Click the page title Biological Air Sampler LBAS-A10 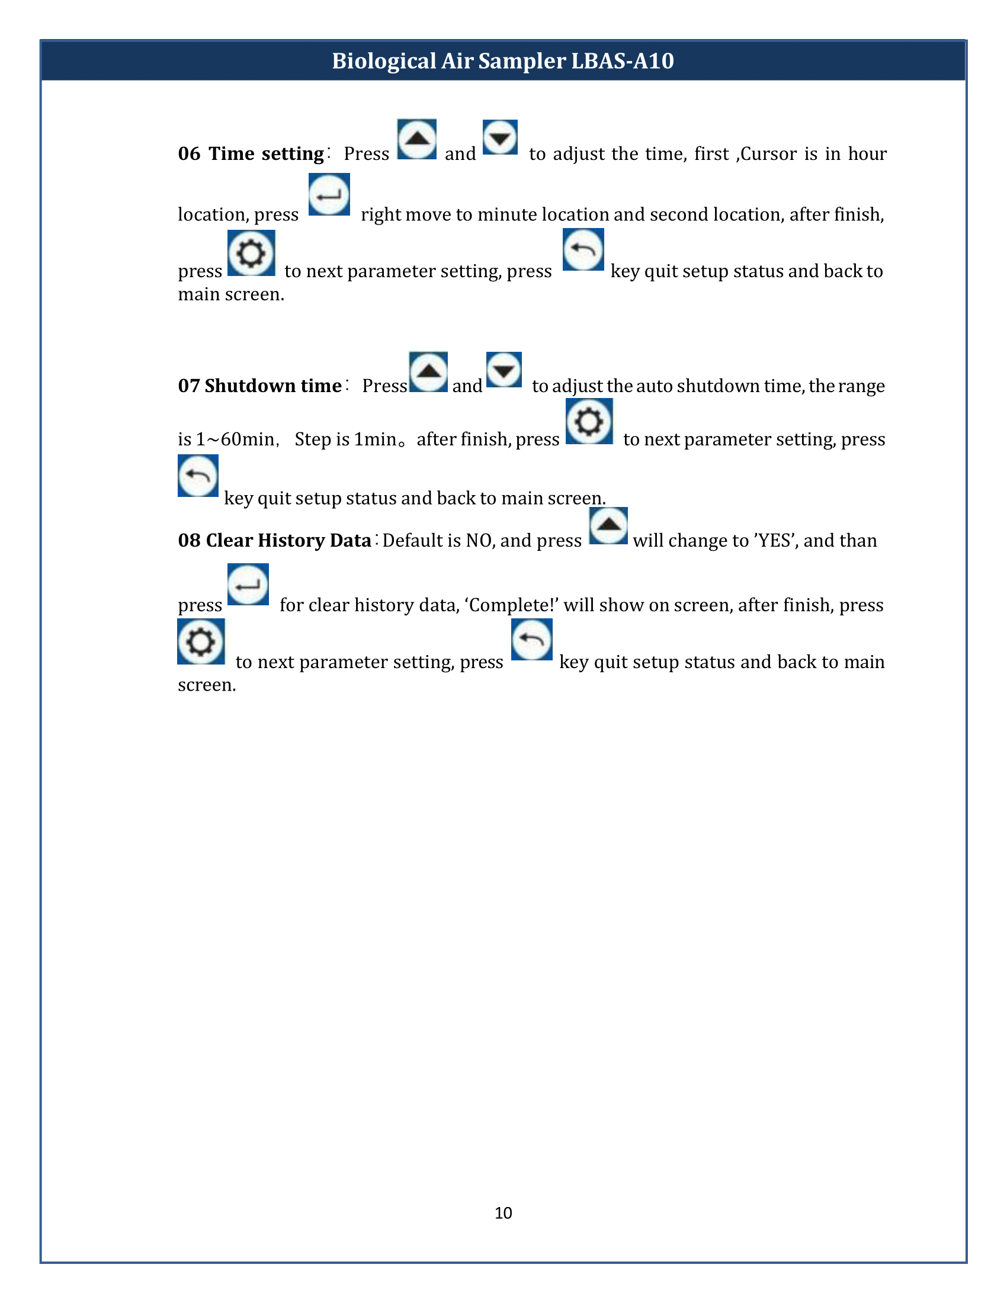(503, 61)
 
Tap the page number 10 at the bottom (503, 1213)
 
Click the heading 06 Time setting (251, 154)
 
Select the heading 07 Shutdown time (259, 386)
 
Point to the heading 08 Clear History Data (274, 541)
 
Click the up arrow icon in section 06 (417, 140)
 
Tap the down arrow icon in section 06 (500, 138)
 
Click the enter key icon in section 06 (329, 194)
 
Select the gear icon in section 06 (251, 253)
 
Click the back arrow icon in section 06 (583, 249)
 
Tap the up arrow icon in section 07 (428, 372)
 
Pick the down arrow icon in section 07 (504, 370)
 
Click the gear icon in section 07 (589, 421)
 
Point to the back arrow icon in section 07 (198, 476)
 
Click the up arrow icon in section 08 (608, 525)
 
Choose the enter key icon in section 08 (248, 584)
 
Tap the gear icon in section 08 (201, 642)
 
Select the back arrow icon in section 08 (531, 640)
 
